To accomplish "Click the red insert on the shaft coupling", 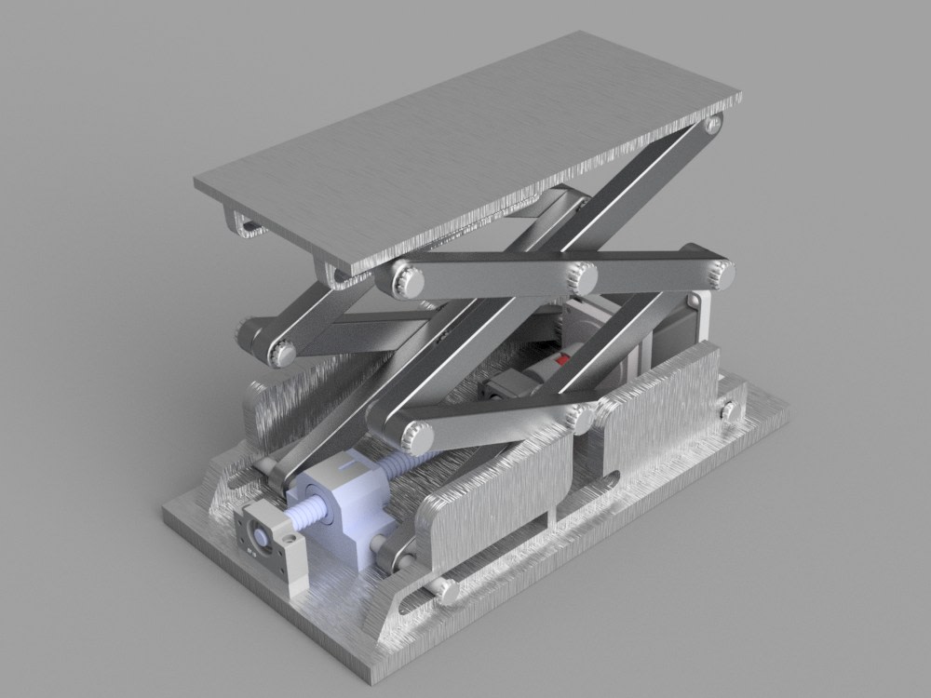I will coord(561,358).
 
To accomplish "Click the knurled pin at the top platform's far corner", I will coord(713,123).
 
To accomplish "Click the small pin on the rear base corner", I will coord(727,409).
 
